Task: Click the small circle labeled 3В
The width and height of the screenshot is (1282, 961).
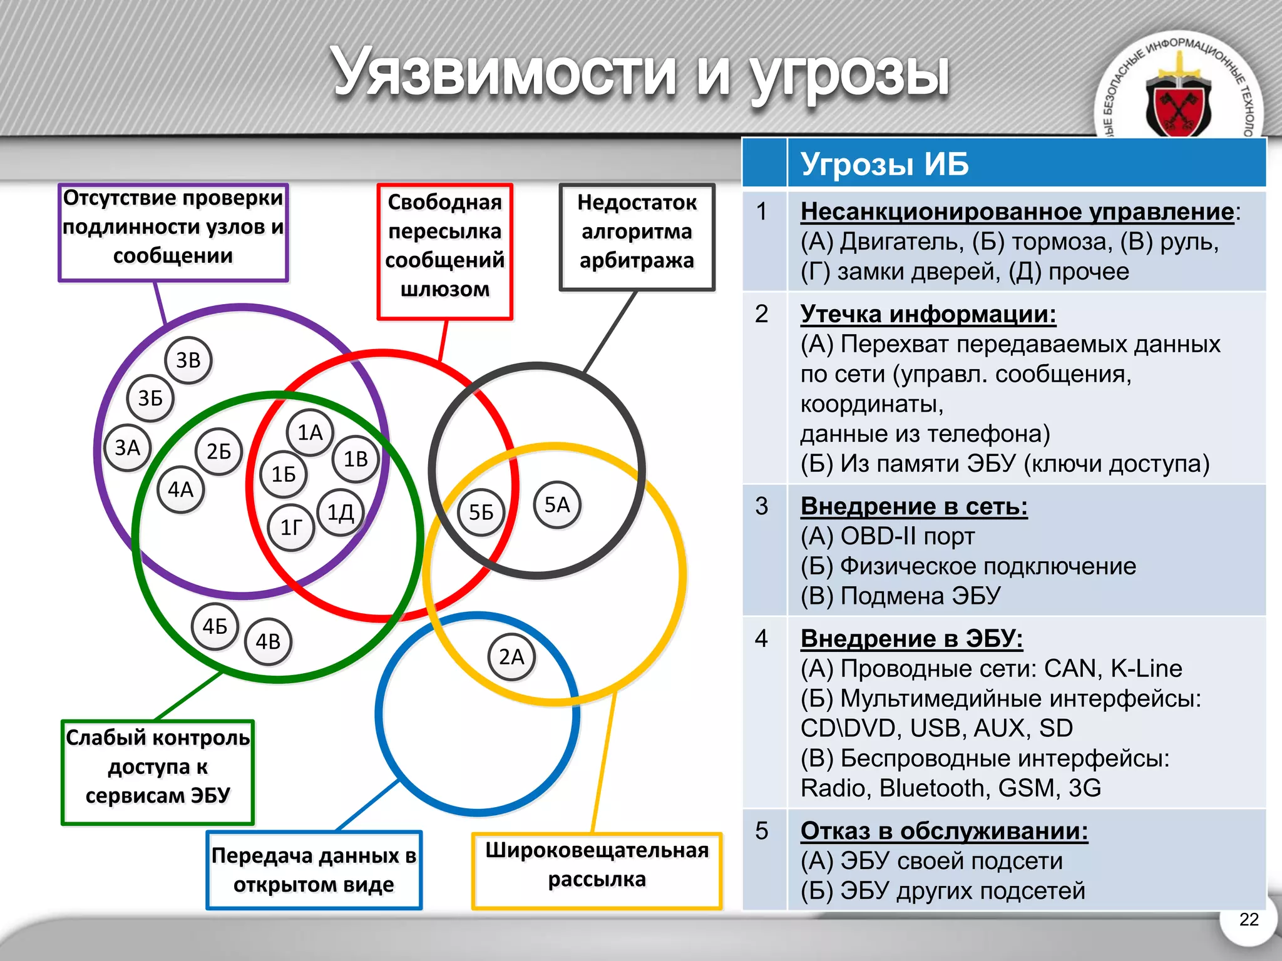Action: (188, 360)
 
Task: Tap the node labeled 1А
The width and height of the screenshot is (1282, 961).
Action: (310, 432)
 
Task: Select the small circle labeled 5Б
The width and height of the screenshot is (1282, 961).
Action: (481, 512)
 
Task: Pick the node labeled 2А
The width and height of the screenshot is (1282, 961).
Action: (511, 657)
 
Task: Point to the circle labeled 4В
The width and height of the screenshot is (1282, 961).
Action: (268, 641)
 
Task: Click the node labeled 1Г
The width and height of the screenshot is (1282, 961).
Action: (291, 527)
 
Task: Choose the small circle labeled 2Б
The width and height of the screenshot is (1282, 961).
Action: (218, 451)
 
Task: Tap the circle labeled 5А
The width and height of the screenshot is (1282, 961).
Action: (557, 505)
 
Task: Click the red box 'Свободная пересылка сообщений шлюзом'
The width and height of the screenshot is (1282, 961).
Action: (445, 252)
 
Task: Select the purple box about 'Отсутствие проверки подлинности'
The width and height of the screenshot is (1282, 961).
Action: (173, 232)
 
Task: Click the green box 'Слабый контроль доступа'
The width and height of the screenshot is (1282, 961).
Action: (158, 773)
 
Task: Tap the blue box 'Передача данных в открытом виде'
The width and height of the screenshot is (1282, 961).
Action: (314, 870)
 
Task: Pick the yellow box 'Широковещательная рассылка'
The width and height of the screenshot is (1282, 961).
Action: (597, 870)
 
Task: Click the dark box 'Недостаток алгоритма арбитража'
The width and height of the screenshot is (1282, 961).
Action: (637, 237)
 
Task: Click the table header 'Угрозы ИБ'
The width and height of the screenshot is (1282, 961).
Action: (884, 164)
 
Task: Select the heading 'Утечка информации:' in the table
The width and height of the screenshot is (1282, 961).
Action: (928, 313)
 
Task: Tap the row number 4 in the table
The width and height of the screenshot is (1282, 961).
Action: (761, 638)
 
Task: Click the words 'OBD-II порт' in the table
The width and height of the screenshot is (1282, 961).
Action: (908, 536)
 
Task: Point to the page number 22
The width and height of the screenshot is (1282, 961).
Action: (1248, 919)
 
